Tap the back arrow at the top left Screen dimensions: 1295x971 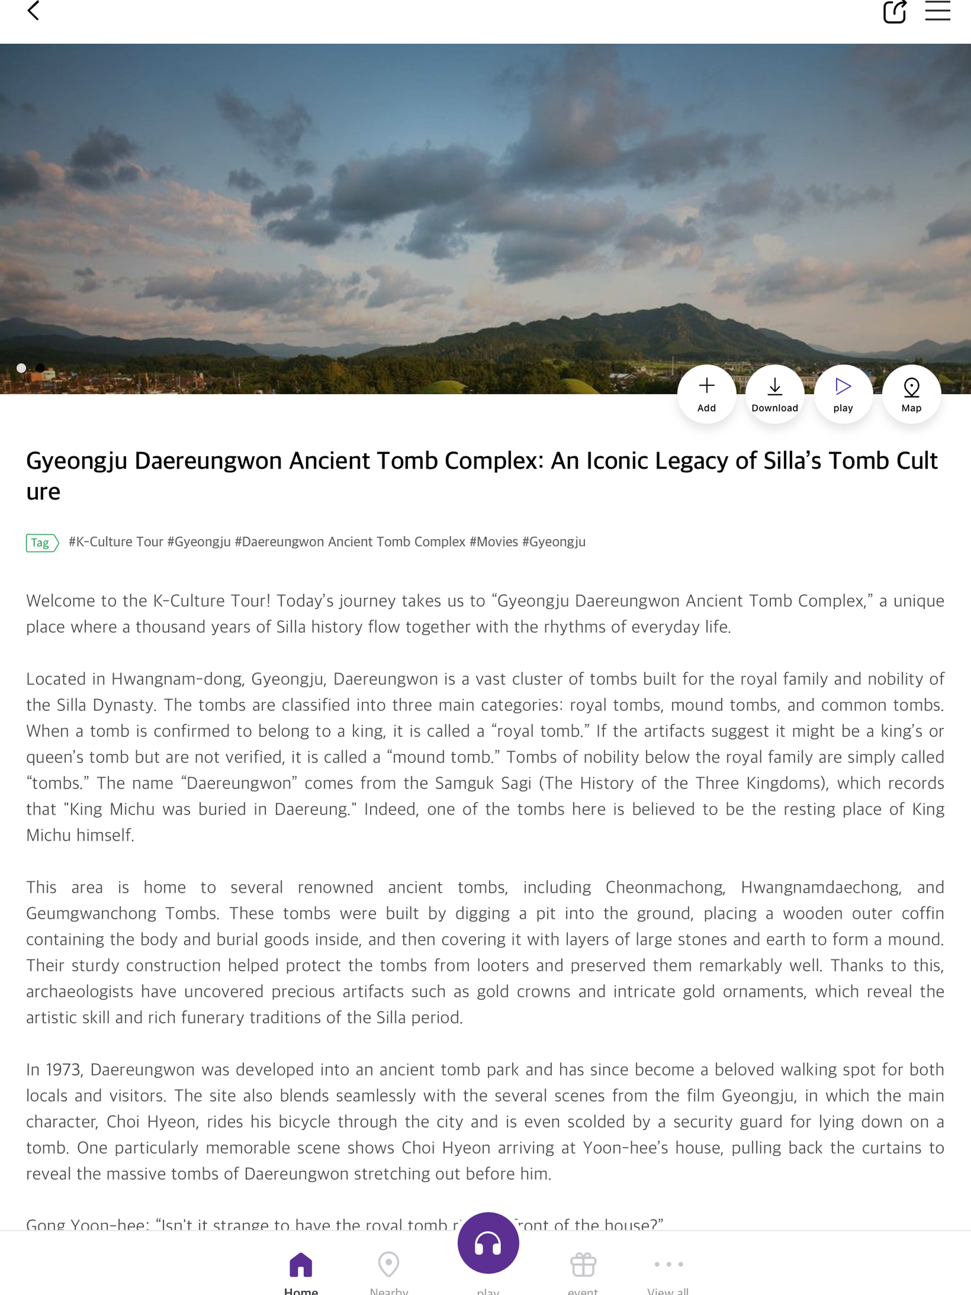click(x=33, y=10)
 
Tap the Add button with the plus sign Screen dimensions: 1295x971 click(x=706, y=393)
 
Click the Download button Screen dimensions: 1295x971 click(x=774, y=393)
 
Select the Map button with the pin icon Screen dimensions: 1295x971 click(x=911, y=393)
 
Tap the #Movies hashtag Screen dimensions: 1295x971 click(x=494, y=541)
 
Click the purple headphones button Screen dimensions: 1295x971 click(x=488, y=1243)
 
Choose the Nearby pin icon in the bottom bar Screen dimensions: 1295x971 click(x=389, y=1265)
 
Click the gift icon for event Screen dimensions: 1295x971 click(x=583, y=1265)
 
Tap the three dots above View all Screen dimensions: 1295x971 click(x=668, y=1264)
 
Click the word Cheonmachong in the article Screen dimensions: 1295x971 click(x=665, y=887)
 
